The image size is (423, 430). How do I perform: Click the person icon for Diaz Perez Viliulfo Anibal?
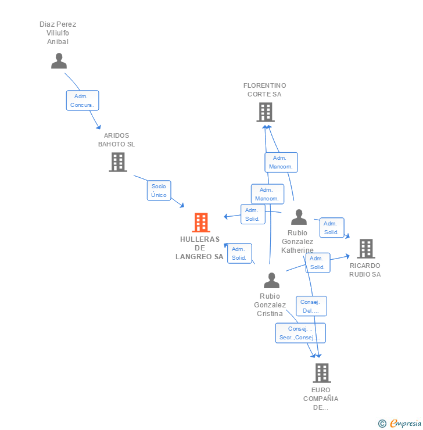tap(59, 60)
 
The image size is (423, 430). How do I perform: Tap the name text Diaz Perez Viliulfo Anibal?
tap(58, 33)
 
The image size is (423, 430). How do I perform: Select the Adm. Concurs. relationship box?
tap(83, 101)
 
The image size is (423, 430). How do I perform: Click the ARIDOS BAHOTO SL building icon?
tap(117, 162)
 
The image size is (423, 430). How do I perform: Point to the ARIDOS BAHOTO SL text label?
tap(116, 139)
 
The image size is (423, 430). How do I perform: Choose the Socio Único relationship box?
tap(159, 191)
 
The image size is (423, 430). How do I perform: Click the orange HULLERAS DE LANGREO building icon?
tap(200, 222)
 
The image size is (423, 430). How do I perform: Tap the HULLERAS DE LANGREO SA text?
tap(199, 248)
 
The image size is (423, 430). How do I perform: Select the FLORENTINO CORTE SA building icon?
tap(265, 112)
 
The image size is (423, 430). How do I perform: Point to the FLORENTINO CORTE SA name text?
tap(264, 89)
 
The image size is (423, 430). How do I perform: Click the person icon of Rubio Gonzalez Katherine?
tap(299, 217)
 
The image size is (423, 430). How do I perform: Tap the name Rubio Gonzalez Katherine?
tap(297, 242)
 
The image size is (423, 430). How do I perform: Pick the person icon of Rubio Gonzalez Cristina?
tap(271, 280)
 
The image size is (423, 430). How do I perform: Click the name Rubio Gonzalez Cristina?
tap(270, 305)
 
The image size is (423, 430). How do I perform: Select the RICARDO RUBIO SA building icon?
tap(365, 248)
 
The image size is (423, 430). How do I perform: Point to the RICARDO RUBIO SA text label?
tap(365, 270)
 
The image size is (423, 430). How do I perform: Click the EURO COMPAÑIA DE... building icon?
tap(321, 372)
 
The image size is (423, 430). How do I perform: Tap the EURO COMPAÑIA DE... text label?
tap(321, 399)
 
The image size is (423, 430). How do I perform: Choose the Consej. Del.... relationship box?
tap(311, 306)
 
